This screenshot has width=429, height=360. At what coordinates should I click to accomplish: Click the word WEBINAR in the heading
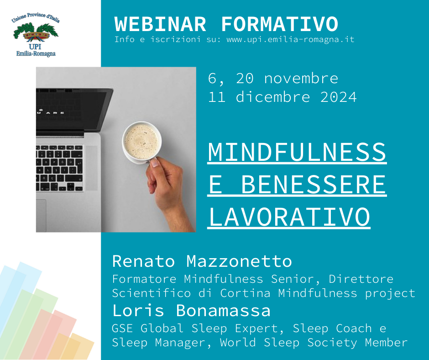point(160,24)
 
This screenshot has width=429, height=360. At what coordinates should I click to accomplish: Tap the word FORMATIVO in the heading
point(280,24)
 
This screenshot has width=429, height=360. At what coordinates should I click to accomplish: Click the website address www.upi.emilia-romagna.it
point(291,39)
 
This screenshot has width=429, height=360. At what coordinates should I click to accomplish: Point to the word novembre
point(301,79)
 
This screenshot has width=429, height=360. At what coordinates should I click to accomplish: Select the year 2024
point(339,97)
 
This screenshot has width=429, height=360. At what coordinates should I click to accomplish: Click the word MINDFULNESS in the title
point(297,152)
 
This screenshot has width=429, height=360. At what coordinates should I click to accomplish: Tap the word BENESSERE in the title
point(314,185)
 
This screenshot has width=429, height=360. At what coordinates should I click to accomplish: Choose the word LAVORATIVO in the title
point(289,217)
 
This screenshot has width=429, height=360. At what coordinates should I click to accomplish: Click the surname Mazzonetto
point(239,261)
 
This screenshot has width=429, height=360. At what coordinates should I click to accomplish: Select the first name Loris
point(138,310)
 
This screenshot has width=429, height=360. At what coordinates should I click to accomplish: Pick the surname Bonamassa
point(223,310)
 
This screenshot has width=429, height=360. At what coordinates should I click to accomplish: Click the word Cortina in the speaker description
point(246,293)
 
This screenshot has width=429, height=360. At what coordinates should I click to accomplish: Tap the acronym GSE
point(122,328)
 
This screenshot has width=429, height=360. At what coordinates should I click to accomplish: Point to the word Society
point(332,343)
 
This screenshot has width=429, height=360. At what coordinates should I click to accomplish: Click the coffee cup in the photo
point(142,142)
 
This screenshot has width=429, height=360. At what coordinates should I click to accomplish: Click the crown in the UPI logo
point(36,36)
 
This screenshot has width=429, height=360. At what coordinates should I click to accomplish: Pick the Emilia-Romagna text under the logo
point(36,53)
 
